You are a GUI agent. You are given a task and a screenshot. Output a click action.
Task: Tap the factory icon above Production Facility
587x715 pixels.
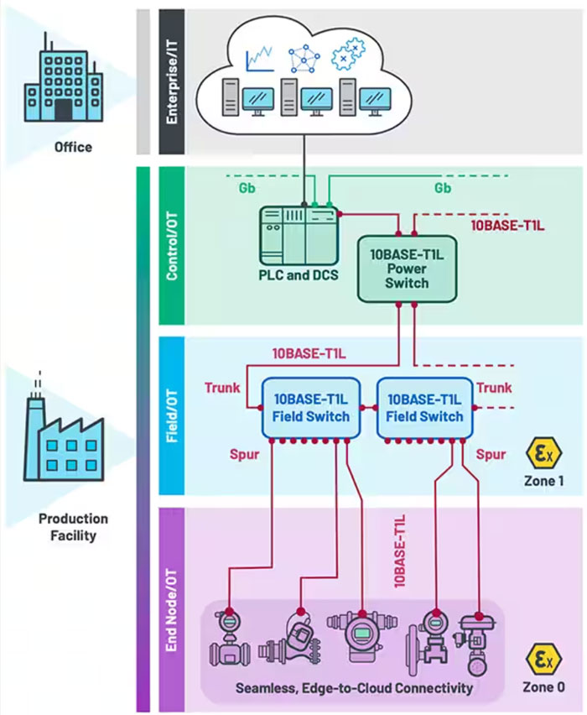(x=65, y=437)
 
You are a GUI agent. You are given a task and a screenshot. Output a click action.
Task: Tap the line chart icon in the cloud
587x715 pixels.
(x=260, y=59)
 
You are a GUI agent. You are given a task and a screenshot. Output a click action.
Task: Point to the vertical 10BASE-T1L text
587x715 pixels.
(x=400, y=550)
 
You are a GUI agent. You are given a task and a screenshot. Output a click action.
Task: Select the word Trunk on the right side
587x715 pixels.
(x=494, y=388)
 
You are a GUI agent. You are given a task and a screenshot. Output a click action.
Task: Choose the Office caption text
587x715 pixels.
(x=73, y=148)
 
